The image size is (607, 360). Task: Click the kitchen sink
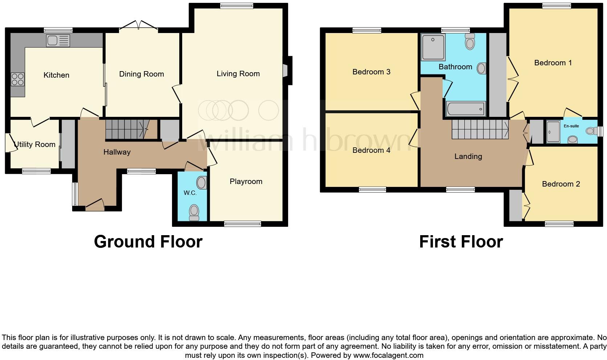click(58, 41)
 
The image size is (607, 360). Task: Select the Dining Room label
click(142, 74)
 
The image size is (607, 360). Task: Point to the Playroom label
click(246, 181)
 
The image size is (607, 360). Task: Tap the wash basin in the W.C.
click(201, 183)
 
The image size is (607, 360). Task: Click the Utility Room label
click(34, 144)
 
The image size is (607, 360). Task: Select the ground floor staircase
click(127, 130)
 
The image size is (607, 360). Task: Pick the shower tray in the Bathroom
click(433, 48)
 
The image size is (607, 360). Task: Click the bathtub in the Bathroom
click(465, 109)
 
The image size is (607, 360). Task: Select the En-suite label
click(571, 126)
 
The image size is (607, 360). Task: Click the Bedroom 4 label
click(371, 150)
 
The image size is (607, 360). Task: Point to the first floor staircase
click(480, 130)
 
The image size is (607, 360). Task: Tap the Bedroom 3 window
click(366, 30)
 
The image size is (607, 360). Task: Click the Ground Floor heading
click(148, 242)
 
